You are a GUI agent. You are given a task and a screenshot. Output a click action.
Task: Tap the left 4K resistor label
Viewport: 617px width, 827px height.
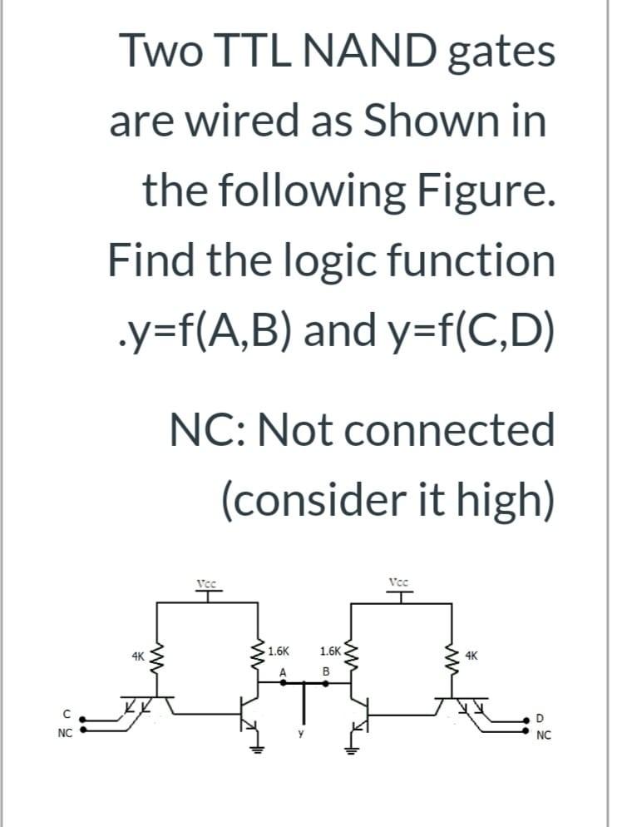[140, 657]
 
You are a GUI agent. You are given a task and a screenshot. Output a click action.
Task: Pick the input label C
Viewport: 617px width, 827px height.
[64, 711]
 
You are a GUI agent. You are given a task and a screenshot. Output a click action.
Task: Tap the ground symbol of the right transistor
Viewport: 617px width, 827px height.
[351, 746]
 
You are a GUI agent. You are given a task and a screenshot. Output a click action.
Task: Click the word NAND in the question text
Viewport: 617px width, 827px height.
[370, 52]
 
